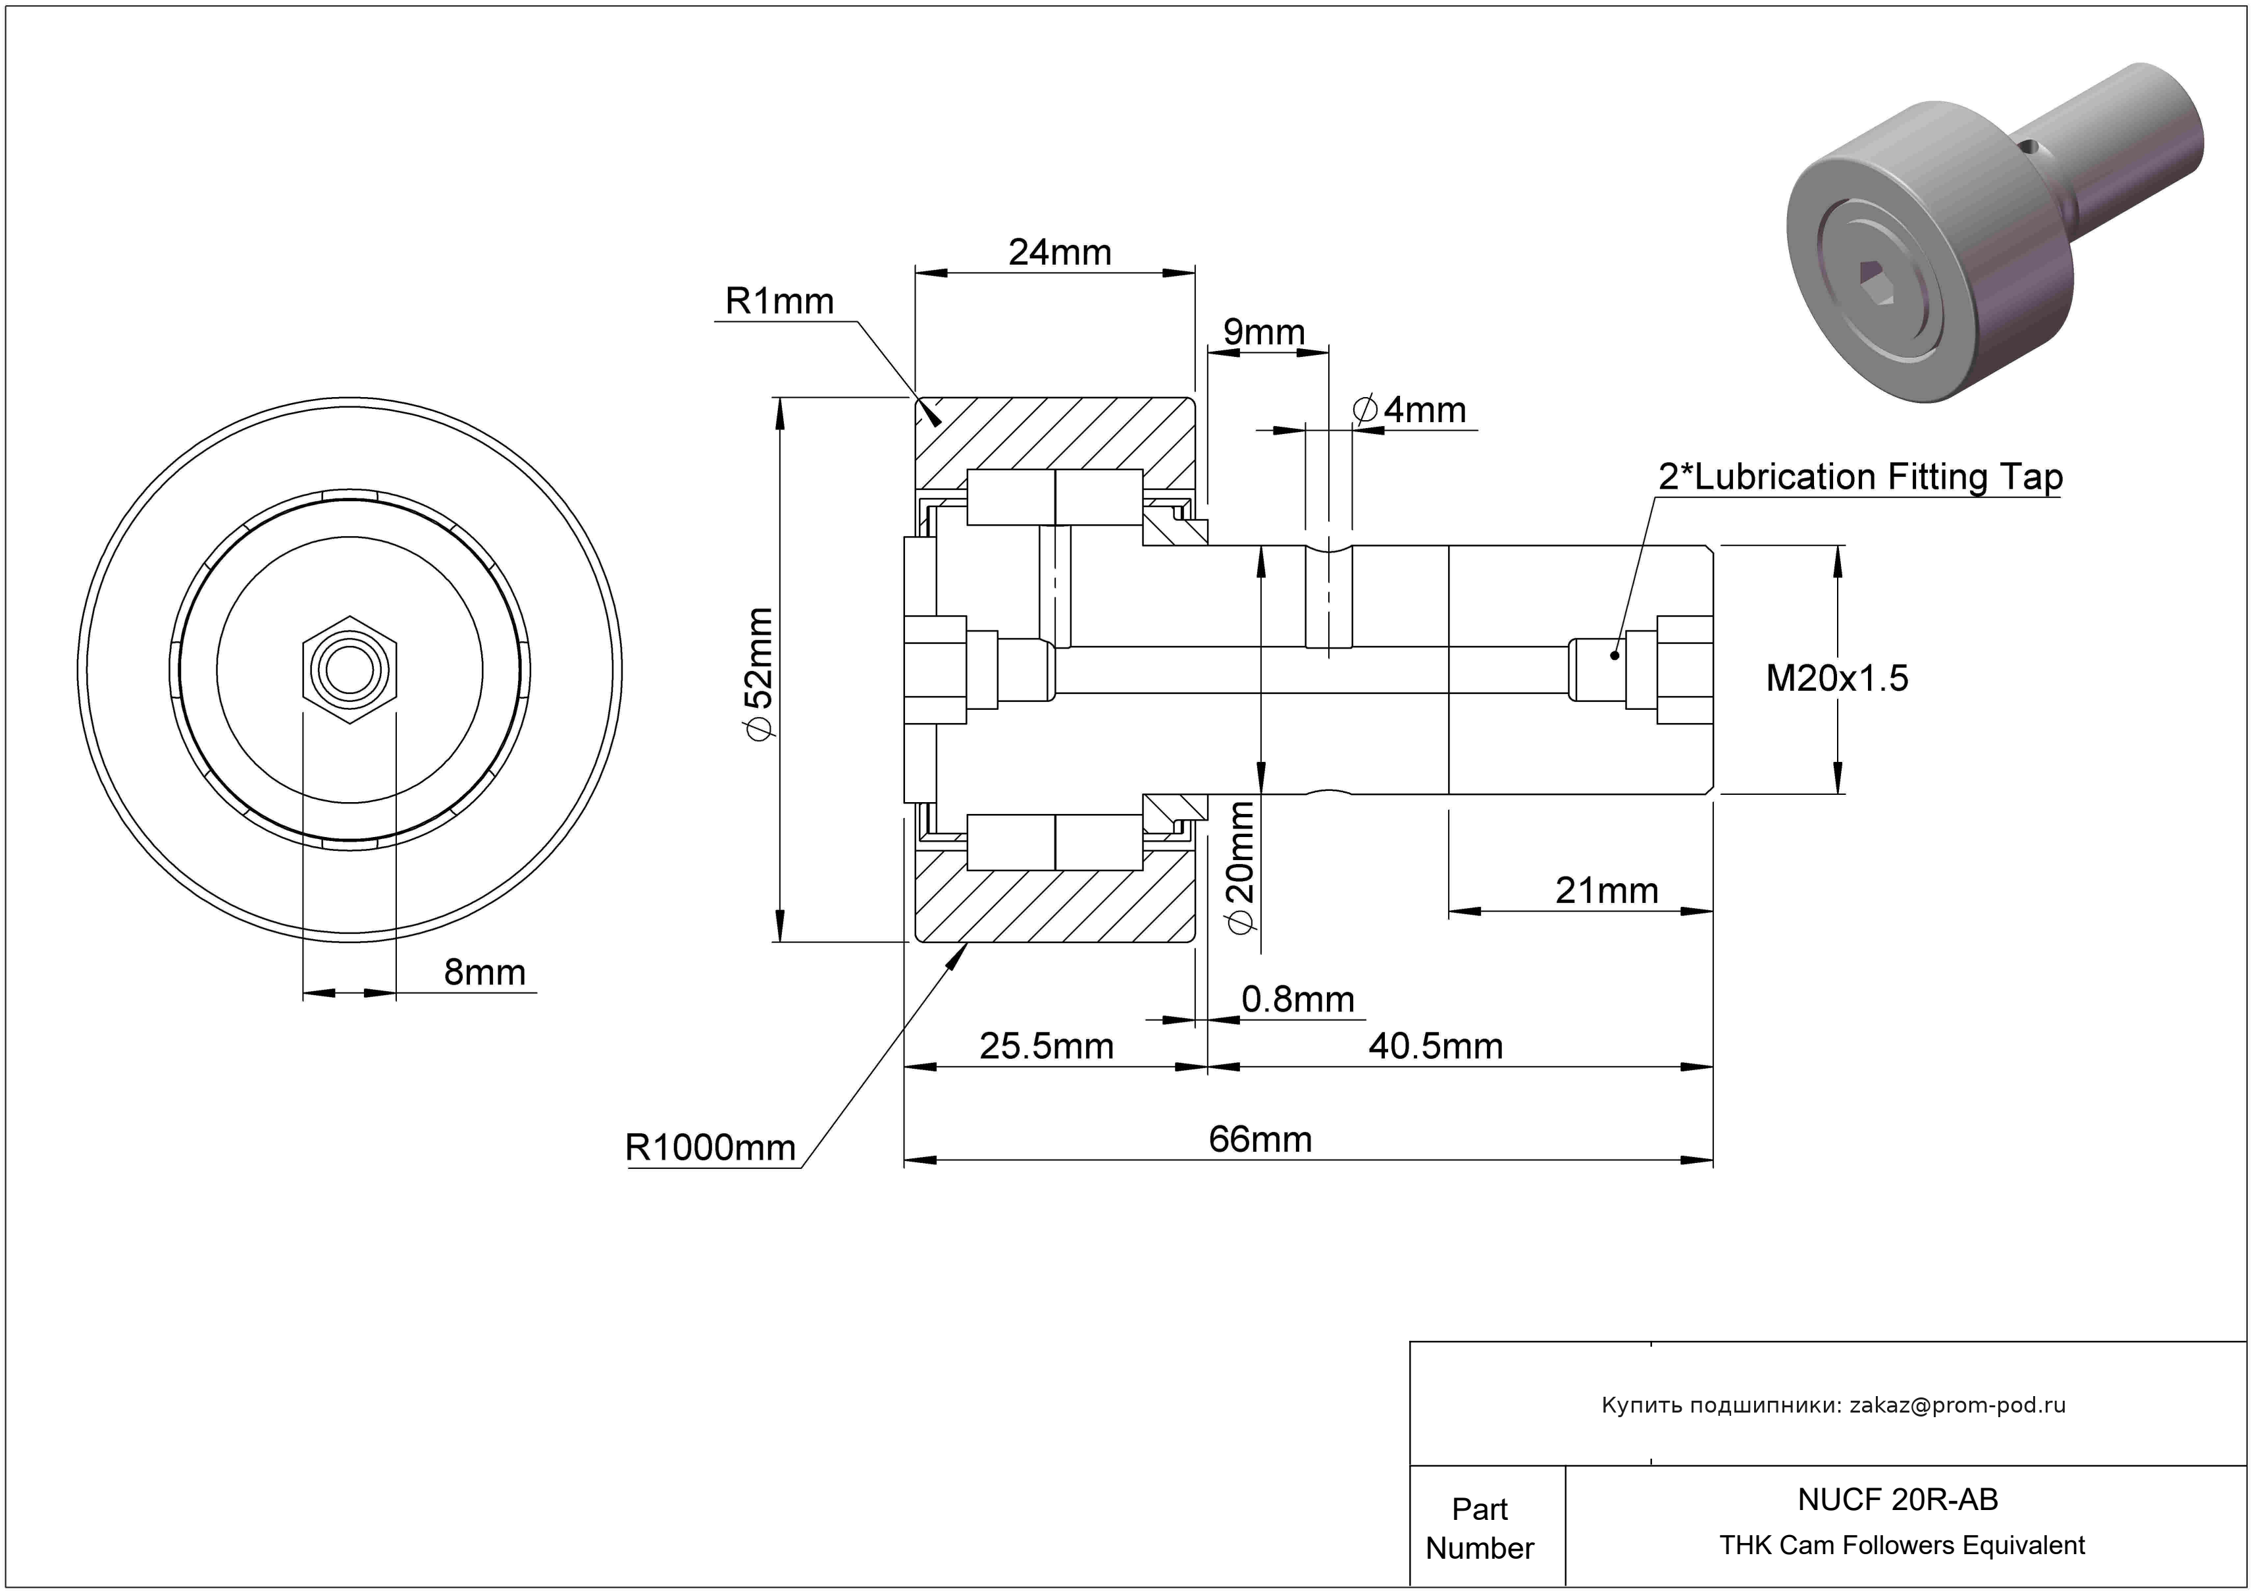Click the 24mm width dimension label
[x=1060, y=254]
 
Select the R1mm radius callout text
[x=779, y=302]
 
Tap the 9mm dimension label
[x=1264, y=333]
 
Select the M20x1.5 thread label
[x=1837, y=678]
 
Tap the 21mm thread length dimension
[x=1607, y=891]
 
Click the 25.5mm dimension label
[x=1046, y=1046]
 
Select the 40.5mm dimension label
[x=1436, y=1046]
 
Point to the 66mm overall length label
[x=1260, y=1139]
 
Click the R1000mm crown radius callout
[x=710, y=1147]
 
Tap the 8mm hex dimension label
[x=484, y=973]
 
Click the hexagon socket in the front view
[x=350, y=670]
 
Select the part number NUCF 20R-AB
[x=1898, y=1499]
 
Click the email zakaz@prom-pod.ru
[x=1957, y=1405]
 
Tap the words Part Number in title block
[x=1479, y=1528]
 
